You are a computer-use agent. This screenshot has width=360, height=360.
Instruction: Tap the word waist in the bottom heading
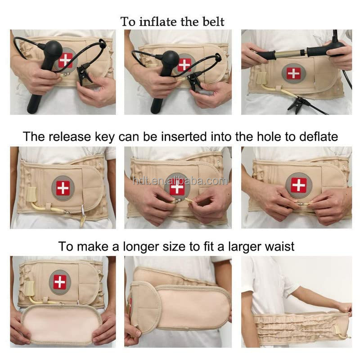(x=280, y=247)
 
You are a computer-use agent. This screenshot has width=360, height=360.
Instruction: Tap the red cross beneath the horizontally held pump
(x=293, y=73)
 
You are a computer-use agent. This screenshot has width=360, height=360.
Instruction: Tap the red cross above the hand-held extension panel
(x=59, y=282)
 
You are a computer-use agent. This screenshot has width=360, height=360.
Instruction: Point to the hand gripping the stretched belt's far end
(x=344, y=308)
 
